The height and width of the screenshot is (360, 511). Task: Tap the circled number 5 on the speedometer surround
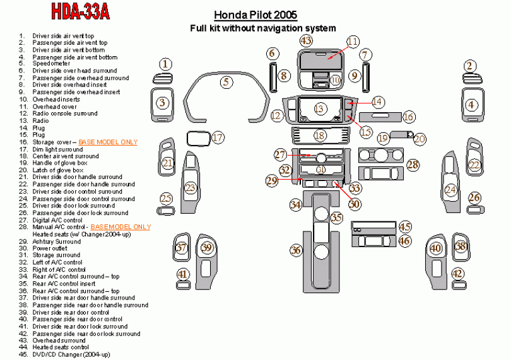point(226,81)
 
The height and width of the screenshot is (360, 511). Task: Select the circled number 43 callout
point(306,41)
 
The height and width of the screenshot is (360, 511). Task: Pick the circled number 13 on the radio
point(320,109)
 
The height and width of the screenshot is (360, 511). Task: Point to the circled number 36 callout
point(297,250)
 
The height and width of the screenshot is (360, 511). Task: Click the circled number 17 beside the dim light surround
point(218,137)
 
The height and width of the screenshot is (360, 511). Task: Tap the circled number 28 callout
point(413,165)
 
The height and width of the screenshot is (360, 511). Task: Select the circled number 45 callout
point(404,227)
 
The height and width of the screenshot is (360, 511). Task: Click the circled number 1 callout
point(165,64)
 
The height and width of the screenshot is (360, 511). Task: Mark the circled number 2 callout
point(470,66)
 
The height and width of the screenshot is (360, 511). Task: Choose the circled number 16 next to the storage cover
point(409,117)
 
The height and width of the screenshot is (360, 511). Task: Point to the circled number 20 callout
point(420,139)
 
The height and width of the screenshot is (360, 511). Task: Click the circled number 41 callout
point(182,274)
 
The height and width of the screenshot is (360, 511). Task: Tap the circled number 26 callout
point(474,198)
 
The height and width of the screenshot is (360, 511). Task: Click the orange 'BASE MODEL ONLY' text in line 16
point(108,142)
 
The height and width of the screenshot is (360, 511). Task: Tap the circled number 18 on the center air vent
point(320,136)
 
